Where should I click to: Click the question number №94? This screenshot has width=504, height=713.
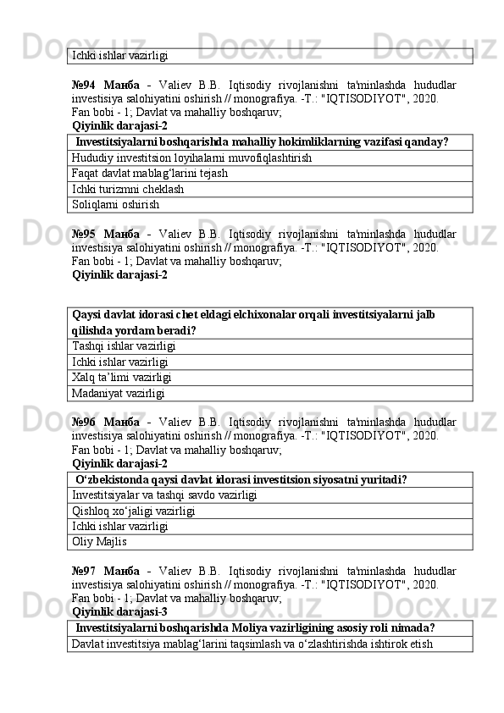(85, 86)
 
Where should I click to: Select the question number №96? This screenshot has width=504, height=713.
(85, 422)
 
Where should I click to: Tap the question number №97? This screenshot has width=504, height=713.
(85, 570)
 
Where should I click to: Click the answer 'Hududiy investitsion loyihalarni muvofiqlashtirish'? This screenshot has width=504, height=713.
(191, 158)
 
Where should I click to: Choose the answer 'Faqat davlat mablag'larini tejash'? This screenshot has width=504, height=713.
(150, 174)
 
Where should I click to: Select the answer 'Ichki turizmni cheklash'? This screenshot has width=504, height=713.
(127, 189)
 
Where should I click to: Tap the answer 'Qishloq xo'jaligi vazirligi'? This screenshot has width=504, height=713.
(135, 511)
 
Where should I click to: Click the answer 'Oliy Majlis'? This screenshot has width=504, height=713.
(100, 541)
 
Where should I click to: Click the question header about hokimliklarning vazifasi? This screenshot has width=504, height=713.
(262, 142)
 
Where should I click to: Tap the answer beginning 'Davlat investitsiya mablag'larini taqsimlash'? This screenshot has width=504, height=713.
(252, 644)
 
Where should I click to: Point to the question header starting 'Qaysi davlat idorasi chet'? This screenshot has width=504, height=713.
(254, 323)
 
